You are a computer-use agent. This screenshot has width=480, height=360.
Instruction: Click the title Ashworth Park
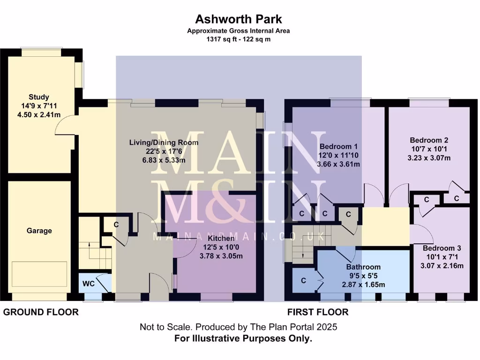[239, 19]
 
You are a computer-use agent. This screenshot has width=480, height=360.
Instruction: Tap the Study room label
[38, 97]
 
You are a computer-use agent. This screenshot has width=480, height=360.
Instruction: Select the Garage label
[39, 231]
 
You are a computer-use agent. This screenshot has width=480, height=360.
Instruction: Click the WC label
[89, 284]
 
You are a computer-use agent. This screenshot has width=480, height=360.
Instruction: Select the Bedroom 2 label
[429, 140]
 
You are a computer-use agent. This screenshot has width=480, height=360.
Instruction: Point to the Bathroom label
[363, 268]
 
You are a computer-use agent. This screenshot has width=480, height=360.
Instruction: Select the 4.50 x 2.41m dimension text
[38, 115]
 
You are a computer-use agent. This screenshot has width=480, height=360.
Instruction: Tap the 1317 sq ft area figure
[220, 39]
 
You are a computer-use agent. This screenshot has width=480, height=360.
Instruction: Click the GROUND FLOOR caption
[41, 312]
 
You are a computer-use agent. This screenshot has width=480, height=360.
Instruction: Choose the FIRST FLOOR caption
[318, 312]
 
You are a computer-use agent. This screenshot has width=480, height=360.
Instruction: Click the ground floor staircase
[95, 248]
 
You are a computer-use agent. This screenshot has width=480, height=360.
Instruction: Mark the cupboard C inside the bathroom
[303, 280]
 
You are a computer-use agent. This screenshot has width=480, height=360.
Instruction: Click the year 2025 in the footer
[326, 327]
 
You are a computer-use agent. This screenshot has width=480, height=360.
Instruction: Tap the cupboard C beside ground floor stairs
[116, 225]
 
